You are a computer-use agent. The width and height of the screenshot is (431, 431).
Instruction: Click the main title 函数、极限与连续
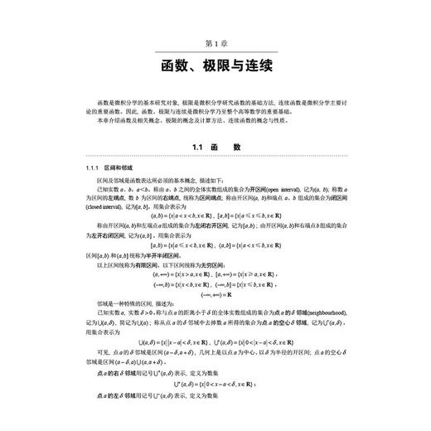coord(215,65)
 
